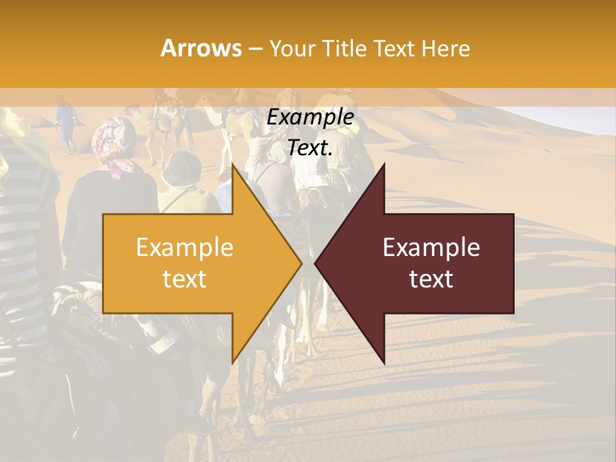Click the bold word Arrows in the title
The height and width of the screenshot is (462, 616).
201,48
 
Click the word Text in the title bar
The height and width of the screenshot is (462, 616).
393,48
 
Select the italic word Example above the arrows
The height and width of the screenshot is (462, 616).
310,117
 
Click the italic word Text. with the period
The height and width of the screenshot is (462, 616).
310,148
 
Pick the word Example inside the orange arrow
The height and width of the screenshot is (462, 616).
185,248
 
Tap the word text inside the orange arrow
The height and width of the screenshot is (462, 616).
185,279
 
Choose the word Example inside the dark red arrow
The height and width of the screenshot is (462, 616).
431,248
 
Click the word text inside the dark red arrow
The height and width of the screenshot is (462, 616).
431,279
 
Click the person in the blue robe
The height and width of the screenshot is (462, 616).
65,122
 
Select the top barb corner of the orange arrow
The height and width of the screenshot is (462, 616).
232,165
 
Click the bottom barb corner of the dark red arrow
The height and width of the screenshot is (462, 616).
384,363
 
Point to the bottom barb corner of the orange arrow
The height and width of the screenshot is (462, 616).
232,363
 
